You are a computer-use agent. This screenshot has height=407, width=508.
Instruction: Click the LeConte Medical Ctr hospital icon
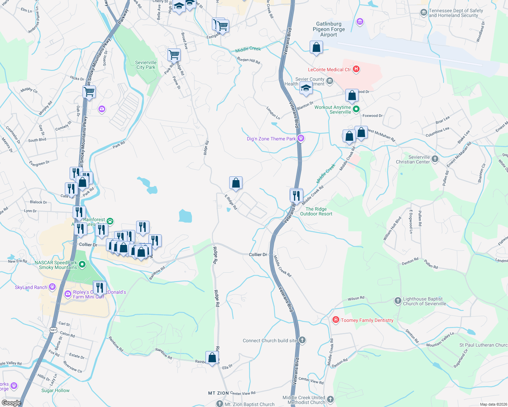pos(356,69)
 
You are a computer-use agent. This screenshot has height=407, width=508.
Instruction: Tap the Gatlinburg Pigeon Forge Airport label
pos(328,29)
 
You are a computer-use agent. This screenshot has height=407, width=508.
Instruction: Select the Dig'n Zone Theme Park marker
pos(301,138)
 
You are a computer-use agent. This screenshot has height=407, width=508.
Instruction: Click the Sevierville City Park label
pos(146,65)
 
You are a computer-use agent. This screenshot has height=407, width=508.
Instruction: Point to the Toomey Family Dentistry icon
pos(335,320)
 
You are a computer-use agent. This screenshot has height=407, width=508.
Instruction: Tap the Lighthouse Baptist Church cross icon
pos(398,301)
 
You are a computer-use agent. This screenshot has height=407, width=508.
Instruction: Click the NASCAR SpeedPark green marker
pos(82,264)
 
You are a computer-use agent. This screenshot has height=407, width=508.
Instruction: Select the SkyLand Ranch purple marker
pos(52,287)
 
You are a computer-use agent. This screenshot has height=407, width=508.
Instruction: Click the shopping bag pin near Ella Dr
pos(212,358)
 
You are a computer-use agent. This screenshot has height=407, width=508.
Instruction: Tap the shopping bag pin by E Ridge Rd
pos(236,183)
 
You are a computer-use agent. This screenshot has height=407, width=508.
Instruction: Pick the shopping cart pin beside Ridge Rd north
pos(174,54)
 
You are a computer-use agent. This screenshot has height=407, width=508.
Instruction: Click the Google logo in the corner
pos(11,403)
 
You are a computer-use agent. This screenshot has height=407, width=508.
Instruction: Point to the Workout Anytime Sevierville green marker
pos(356,109)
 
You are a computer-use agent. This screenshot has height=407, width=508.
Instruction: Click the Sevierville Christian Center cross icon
pos(435,159)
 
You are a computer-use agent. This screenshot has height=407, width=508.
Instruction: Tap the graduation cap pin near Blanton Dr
pos(306,89)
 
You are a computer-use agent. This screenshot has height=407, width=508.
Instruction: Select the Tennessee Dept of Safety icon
pos(423,13)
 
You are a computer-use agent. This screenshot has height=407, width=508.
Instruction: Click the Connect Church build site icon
pos(302,340)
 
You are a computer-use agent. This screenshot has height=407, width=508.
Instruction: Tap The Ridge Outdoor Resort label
pos(316,211)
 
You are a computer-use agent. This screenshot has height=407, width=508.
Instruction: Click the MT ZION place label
pos(218,393)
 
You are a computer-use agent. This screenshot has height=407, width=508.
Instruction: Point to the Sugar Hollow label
pos(55,390)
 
